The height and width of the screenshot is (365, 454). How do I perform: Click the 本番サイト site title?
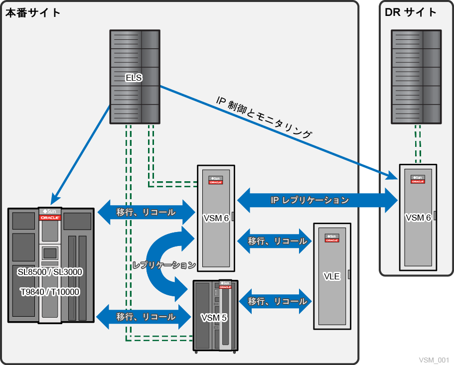point(33,13)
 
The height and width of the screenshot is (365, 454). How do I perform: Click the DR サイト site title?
point(411,13)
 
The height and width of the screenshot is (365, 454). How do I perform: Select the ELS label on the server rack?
point(134,78)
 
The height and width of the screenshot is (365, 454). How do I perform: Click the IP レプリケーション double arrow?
point(317,201)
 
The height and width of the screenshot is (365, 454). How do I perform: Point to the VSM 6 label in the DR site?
point(418,217)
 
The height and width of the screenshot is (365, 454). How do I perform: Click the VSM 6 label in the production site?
point(216,218)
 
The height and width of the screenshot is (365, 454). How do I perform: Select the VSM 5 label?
point(214,317)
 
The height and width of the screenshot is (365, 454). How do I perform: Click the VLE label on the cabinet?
point(331,276)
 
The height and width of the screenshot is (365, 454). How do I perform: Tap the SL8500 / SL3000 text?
point(50,272)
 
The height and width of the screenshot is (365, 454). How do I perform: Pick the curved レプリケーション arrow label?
point(164,265)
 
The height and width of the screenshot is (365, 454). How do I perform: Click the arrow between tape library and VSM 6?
point(146,213)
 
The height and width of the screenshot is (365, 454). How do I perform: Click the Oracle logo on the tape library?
point(50,218)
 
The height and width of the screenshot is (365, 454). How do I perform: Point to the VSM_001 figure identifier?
point(434,360)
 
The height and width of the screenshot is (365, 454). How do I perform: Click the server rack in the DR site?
point(416,77)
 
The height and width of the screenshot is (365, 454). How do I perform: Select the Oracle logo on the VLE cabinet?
point(331,240)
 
